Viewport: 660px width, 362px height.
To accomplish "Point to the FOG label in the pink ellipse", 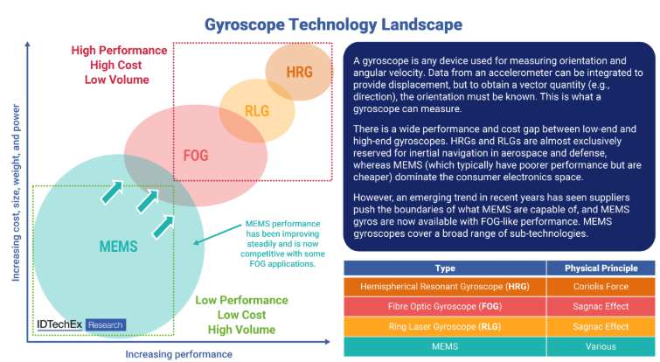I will (x=195, y=156).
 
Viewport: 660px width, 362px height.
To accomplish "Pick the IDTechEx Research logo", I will (x=80, y=324).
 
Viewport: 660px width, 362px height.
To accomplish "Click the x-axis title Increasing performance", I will (x=178, y=353).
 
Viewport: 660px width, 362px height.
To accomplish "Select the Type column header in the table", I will (x=445, y=268).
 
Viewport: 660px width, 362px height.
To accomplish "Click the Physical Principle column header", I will (x=601, y=268).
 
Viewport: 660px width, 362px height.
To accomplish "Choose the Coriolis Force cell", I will (x=601, y=287).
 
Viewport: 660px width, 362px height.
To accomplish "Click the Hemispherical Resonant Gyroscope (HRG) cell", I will (x=445, y=287).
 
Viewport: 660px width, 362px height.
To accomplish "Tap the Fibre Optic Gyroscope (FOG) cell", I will (x=445, y=307).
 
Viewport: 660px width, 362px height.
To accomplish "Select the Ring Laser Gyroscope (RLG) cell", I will (x=445, y=326).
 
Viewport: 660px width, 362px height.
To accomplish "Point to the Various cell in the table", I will (x=601, y=346).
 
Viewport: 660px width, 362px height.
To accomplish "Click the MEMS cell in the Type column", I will (x=445, y=346).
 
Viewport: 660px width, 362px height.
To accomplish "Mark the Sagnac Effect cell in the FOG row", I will (x=601, y=307).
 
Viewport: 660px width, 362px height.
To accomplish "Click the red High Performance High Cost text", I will (x=118, y=66).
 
